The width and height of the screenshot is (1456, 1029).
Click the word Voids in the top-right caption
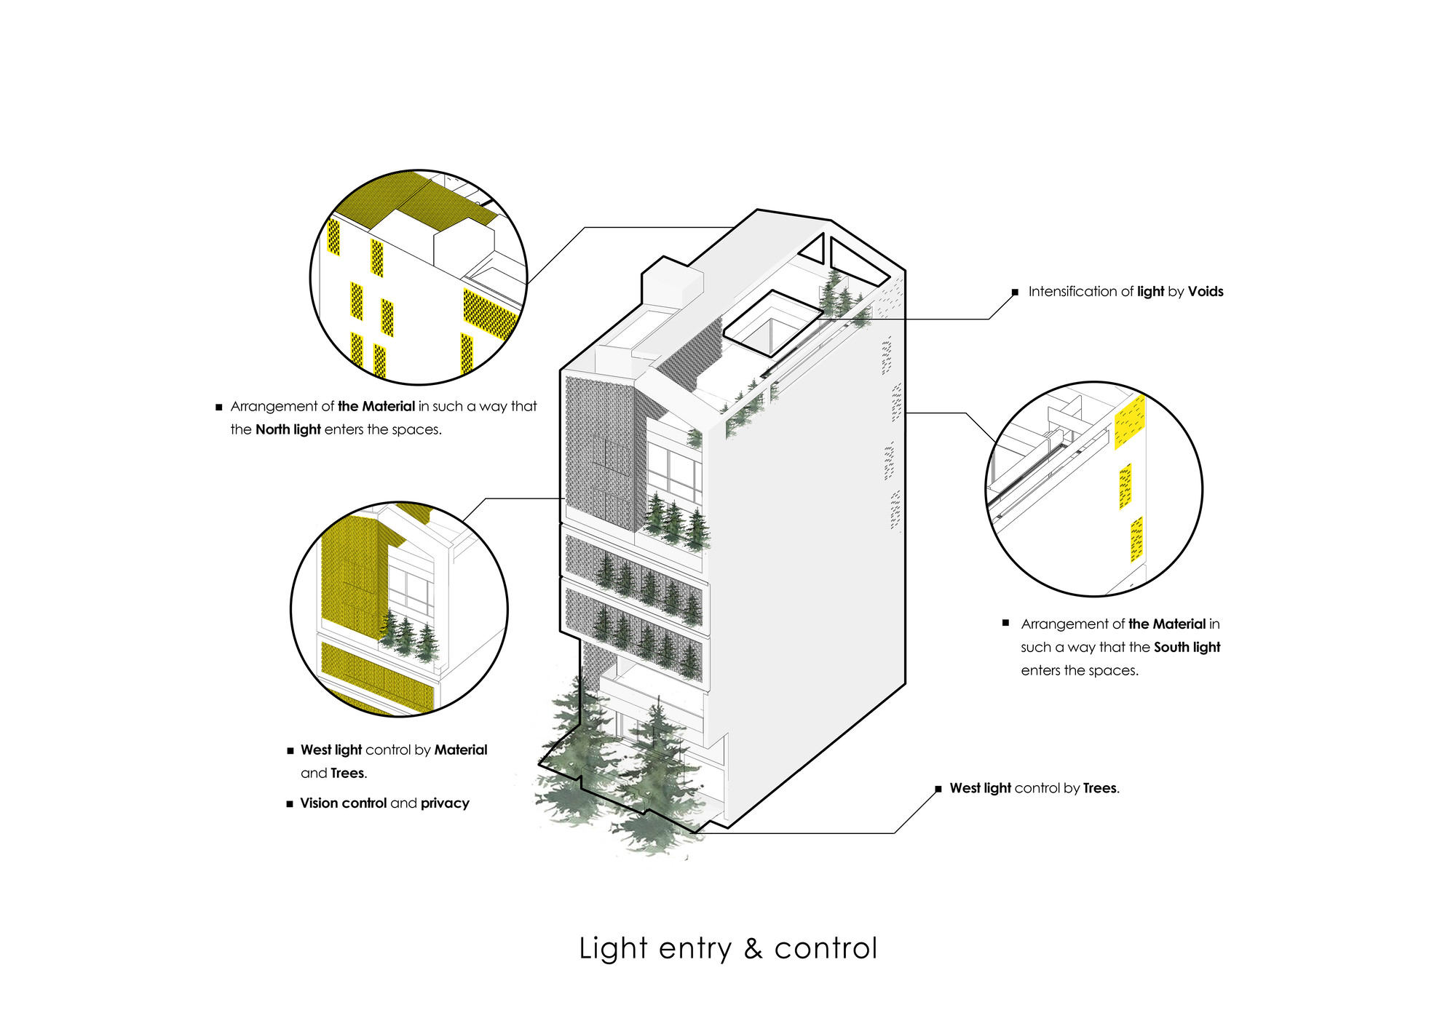[x=1206, y=292]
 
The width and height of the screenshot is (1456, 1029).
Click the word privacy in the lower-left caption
[x=445, y=803]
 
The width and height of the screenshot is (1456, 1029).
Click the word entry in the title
[x=695, y=949]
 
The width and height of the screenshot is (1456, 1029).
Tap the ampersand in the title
[x=753, y=949]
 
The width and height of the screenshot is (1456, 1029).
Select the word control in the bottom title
[x=826, y=949]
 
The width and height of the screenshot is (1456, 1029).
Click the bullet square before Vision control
[x=290, y=804]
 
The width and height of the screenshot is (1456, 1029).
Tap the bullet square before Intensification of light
[x=1015, y=293]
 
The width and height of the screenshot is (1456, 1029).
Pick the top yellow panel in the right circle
[x=1130, y=421]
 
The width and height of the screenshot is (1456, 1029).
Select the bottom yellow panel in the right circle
[x=1136, y=539]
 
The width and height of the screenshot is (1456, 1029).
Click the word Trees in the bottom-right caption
[x=1099, y=788]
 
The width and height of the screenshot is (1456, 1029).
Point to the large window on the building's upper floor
[x=674, y=472]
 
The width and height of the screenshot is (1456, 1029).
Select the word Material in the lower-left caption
[x=461, y=750]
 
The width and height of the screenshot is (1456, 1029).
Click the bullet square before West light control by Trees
[x=938, y=789]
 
